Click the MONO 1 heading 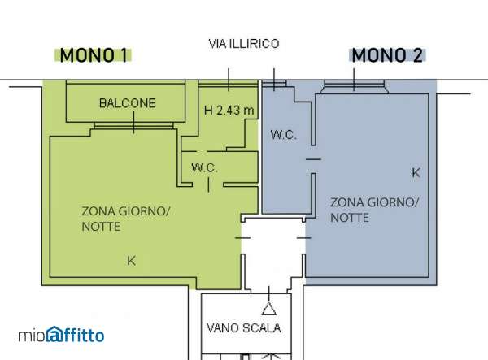coord(94,55)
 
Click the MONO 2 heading coord(387,55)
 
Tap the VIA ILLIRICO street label coord(244,44)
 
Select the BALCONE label coord(128,103)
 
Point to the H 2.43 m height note coord(229,110)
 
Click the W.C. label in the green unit coord(204,168)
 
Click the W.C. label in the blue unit coord(283,135)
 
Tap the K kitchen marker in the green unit coord(131,261)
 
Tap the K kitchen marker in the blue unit coord(416,172)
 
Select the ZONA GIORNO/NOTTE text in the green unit coord(125,219)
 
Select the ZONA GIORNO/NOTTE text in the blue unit coord(374,210)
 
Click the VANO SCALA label coord(244,328)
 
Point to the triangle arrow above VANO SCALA coord(269,309)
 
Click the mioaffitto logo coord(61,335)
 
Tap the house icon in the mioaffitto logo coord(54,335)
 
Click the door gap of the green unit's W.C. coord(208,184)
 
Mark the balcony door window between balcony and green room coord(133,126)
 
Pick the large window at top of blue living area coord(354,87)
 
